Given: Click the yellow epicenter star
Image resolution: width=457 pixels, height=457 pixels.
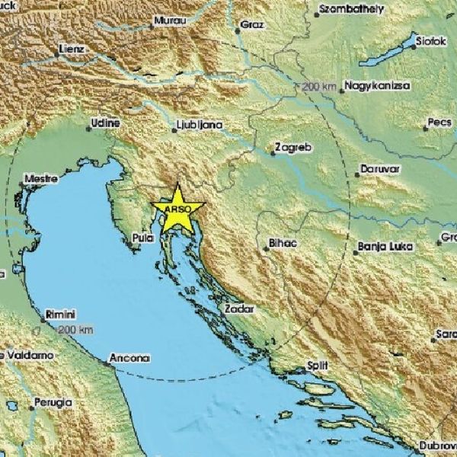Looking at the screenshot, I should pos(177,207).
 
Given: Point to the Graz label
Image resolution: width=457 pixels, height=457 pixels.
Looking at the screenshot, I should pos(251,25).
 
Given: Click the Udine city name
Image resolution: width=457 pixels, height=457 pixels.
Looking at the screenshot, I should pos(105,122).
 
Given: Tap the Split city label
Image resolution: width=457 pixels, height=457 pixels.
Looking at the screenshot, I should pos(318,365).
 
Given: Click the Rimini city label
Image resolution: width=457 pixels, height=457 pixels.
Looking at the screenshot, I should pos(60,313).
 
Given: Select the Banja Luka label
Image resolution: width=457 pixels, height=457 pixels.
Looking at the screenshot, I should pos(384,247).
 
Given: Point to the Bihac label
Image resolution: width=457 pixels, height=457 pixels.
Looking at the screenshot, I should pos(283,244).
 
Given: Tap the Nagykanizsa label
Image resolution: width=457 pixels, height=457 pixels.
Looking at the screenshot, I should pos(378,85).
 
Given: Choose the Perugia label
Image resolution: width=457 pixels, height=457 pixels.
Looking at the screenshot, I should pos(53,401).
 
